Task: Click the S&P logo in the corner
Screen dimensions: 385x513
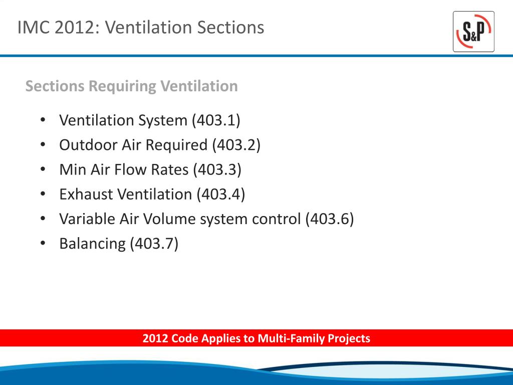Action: coord(473,32)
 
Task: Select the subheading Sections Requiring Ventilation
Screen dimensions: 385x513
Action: coord(131,86)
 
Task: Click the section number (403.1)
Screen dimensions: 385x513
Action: coord(215,120)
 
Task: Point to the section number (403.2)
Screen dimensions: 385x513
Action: coord(236,145)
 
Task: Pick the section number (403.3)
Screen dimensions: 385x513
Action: coord(216,169)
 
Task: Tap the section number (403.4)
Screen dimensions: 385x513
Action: coord(220,194)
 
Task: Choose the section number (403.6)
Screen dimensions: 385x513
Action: coord(329,219)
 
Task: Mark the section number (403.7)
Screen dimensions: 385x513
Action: coord(154,244)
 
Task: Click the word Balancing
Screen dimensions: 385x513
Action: coord(92,244)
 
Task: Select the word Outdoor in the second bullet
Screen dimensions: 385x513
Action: coord(88,145)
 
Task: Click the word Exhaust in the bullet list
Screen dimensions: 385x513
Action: coord(86,194)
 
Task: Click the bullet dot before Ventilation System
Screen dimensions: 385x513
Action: coord(43,120)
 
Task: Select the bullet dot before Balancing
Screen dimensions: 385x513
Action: coord(43,244)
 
